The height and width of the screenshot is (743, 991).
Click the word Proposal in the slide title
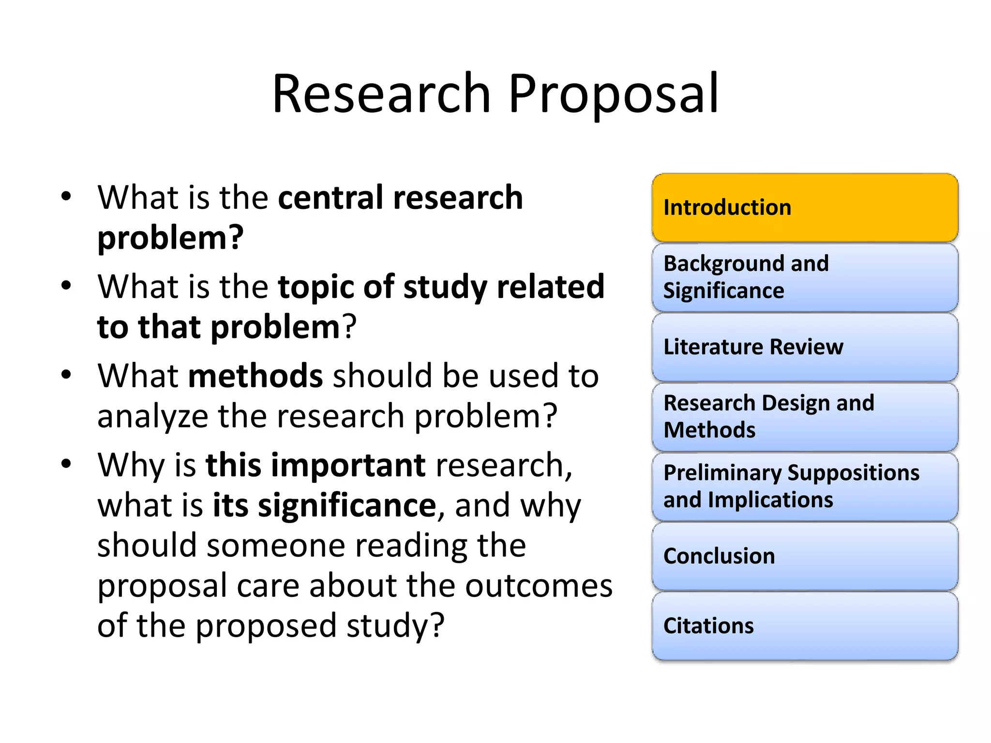(x=614, y=95)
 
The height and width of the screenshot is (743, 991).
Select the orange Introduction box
(x=805, y=208)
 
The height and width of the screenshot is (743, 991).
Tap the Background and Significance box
(x=805, y=277)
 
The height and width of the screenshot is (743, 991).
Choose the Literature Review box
(x=805, y=347)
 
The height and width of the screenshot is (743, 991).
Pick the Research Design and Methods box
(x=805, y=416)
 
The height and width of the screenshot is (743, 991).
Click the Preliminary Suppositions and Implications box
(x=805, y=486)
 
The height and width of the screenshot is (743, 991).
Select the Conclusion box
(x=805, y=556)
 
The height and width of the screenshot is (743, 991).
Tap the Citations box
(x=805, y=625)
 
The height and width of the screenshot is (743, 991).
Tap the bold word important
(x=348, y=465)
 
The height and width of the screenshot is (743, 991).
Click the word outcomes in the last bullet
(x=539, y=586)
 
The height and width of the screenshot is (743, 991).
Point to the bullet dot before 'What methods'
(x=66, y=374)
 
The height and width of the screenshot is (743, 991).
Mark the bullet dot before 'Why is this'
(x=66, y=463)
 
